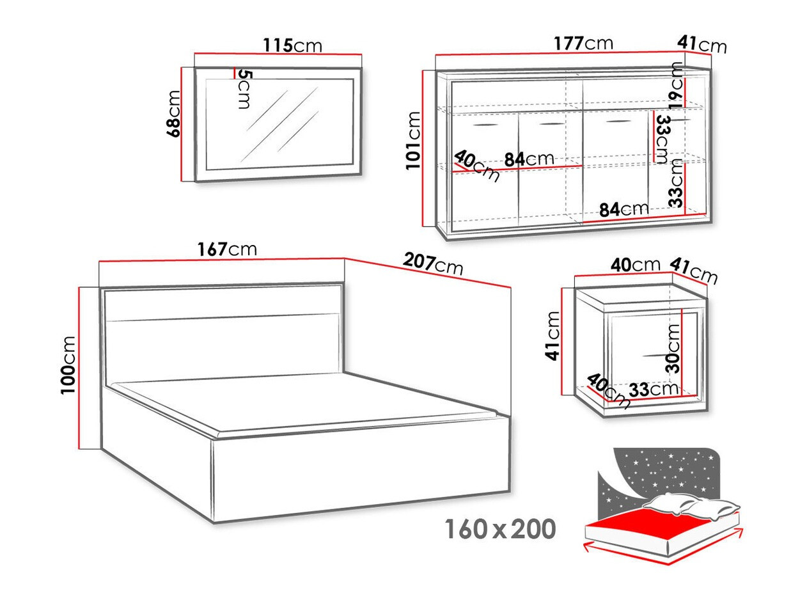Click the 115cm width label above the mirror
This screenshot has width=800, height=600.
click(x=292, y=45)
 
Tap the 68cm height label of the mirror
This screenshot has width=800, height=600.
click(x=173, y=113)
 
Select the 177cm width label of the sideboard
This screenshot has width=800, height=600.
click(x=583, y=43)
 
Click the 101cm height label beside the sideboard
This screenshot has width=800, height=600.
click(x=414, y=140)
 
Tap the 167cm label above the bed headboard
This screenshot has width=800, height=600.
click(x=228, y=249)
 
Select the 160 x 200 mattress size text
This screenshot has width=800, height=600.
click(x=499, y=529)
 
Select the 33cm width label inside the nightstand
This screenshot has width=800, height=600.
click(x=652, y=388)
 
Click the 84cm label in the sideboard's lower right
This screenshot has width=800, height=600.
click(x=624, y=209)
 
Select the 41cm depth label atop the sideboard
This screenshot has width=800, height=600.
click(x=702, y=44)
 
